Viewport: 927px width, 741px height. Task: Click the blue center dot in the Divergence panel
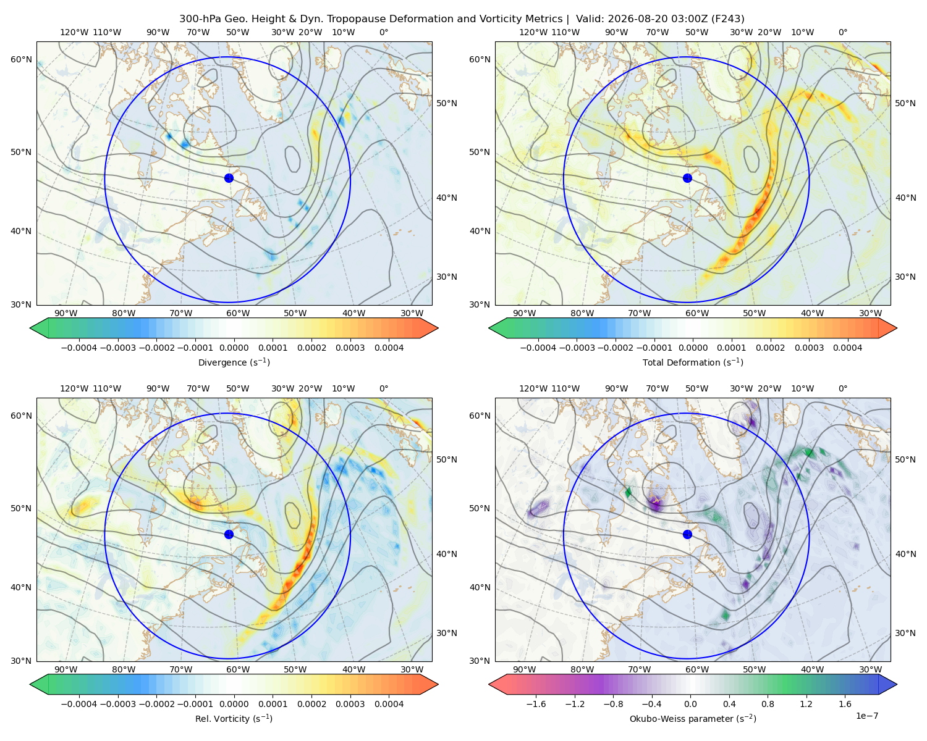coord(229,178)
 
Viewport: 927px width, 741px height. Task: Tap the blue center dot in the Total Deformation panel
coord(687,178)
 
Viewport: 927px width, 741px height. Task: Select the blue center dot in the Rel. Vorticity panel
coord(229,534)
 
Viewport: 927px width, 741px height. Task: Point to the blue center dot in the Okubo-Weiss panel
coord(687,534)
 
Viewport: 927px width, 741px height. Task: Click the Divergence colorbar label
coord(234,362)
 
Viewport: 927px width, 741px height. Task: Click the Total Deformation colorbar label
coord(693,362)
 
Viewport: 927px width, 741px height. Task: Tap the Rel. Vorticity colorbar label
coord(234,719)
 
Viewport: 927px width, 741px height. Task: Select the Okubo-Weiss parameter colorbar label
coord(693,719)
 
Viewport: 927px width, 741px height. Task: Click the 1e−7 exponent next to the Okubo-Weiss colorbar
coord(866,716)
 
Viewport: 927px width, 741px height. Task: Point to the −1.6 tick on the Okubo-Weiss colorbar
coord(536,704)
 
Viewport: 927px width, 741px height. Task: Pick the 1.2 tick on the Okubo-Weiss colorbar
coord(806,704)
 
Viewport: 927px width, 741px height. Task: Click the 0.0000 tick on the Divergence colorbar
coord(234,348)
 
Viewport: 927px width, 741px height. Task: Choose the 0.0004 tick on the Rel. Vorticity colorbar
coord(389,704)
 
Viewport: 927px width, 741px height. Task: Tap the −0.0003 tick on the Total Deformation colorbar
coord(577,348)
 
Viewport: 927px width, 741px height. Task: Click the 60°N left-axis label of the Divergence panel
coord(21,59)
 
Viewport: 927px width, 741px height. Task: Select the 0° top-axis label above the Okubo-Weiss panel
coord(842,388)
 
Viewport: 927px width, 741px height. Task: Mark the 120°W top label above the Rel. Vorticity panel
coord(74,388)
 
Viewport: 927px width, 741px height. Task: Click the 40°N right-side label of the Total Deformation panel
coord(905,198)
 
